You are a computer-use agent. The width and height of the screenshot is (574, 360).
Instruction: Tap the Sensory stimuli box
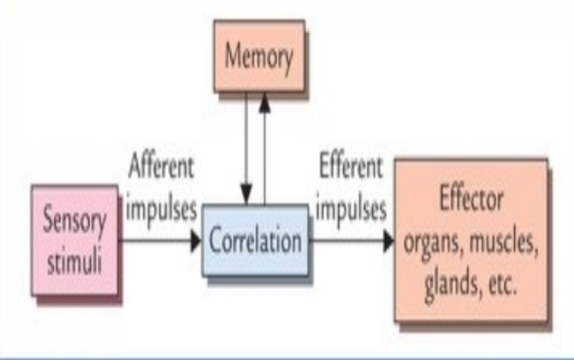coord(74,239)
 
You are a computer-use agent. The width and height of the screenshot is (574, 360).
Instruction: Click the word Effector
coord(472,200)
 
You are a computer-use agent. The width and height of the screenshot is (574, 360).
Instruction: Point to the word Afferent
coord(161,167)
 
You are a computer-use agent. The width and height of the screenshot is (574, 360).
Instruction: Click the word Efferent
coord(351,167)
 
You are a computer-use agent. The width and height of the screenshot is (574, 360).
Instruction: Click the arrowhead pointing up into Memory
coord(265,102)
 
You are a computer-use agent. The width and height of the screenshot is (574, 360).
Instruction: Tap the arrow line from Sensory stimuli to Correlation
coord(155,242)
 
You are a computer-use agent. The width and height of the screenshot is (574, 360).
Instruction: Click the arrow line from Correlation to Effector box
coord(346,242)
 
